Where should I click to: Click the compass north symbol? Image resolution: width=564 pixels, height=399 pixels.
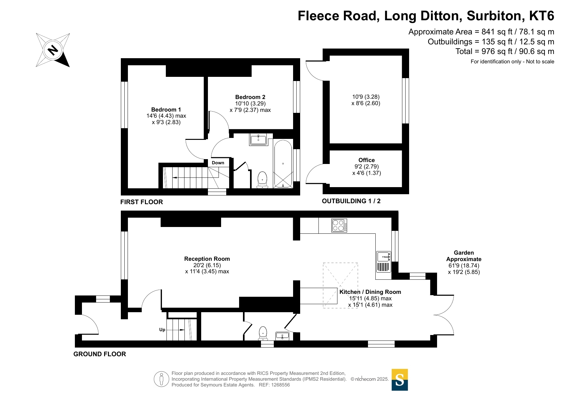coord(53,50)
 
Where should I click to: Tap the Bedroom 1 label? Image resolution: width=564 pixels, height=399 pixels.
coord(166,110)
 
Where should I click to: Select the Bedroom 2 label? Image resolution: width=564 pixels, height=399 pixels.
coord(250,97)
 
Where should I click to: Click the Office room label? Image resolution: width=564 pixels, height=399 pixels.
coord(367,160)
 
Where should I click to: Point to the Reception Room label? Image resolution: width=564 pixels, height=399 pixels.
coord(207,259)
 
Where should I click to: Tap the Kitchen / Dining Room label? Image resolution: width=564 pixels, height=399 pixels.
coord(370,292)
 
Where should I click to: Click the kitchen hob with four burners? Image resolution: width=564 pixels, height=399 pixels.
coord(339,225)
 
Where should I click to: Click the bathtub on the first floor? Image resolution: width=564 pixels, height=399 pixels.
coord(283,164)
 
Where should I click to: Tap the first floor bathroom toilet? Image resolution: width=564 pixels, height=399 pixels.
coord(263,180)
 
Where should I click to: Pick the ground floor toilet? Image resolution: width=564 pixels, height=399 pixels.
coord(263,333)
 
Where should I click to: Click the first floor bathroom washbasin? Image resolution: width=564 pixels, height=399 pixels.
coord(258,139)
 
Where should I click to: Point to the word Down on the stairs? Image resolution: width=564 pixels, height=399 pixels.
coord(218,163)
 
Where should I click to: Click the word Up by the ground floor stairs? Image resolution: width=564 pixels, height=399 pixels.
coord(162,330)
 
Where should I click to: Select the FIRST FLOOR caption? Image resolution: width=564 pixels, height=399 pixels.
coord(142,202)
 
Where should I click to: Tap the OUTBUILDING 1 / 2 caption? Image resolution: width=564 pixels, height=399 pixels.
coord(351,201)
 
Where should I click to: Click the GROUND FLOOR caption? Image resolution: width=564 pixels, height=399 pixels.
coord(100,354)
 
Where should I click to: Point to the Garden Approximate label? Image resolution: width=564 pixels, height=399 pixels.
coord(464,256)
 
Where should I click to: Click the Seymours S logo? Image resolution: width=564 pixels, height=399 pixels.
coord(400,380)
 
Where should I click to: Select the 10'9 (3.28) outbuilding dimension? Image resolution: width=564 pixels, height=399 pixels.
coord(366,97)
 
